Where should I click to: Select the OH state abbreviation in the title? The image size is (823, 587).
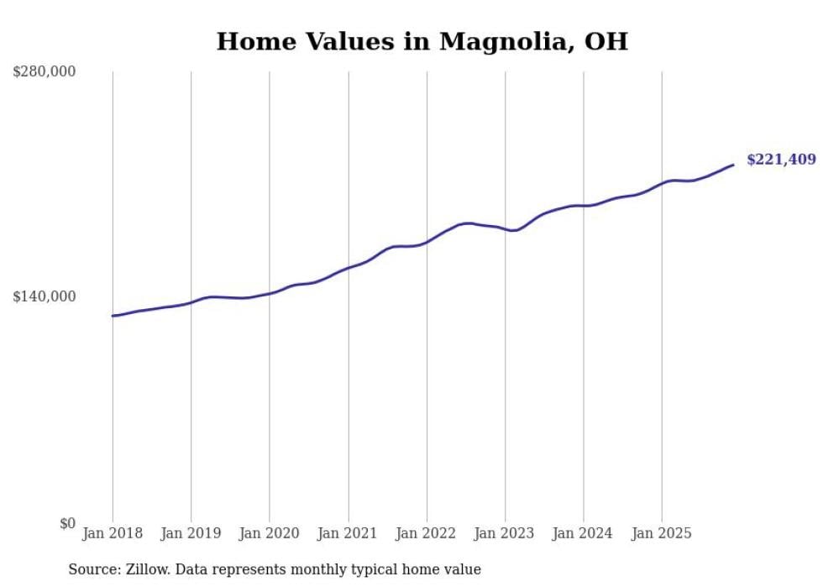(x=607, y=41)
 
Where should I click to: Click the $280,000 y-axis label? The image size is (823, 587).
(x=45, y=71)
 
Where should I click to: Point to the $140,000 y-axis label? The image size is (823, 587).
(x=45, y=296)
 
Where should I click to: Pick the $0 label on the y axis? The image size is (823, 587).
(x=67, y=523)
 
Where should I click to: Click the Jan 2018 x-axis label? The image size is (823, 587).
(x=113, y=533)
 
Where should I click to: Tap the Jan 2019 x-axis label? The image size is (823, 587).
(x=191, y=533)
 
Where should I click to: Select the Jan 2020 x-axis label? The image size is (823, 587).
(x=270, y=533)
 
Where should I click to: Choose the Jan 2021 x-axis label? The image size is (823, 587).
(x=348, y=533)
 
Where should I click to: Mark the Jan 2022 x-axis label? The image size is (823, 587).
(x=427, y=533)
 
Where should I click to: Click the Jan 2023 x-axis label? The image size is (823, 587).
(x=505, y=533)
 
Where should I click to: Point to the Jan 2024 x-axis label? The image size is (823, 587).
(x=584, y=533)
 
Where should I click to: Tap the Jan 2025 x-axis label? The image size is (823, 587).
(x=662, y=533)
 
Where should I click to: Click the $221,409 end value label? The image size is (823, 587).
(x=780, y=160)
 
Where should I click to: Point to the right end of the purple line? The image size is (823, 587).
(x=733, y=165)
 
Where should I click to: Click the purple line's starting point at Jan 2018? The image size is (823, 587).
(x=113, y=316)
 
